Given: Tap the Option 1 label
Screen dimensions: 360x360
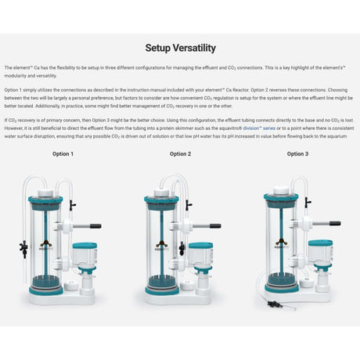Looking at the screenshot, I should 63,154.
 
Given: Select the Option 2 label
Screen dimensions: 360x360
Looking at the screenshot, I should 180,154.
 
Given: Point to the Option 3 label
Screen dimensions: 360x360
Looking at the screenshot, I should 296,154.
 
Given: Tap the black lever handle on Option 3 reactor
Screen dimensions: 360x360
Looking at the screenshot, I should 333,223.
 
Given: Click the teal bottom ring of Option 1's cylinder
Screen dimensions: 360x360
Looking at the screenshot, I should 46,290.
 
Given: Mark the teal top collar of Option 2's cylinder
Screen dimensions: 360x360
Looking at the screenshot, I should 161,200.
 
